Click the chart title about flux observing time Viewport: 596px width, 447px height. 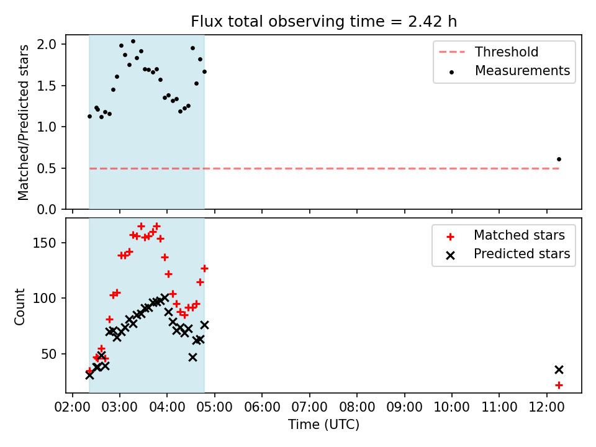click(x=323, y=21)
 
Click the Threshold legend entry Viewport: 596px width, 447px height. click(x=489, y=52)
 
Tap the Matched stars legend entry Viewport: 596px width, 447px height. click(x=505, y=235)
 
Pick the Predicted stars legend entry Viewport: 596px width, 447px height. click(x=508, y=254)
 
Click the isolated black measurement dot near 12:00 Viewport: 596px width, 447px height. click(x=559, y=160)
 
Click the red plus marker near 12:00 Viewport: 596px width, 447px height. click(x=559, y=386)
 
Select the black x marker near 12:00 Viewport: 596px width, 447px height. click(x=559, y=369)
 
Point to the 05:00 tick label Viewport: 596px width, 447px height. click(x=215, y=407)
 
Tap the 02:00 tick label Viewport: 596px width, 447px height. click(x=73, y=407)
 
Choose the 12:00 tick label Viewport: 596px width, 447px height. click(x=546, y=407)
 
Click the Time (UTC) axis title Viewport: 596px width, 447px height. click(x=323, y=424)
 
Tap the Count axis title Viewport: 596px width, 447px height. click(x=20, y=307)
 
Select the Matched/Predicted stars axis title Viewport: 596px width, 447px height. click(x=23, y=122)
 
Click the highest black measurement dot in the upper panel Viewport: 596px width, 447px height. click(x=133, y=42)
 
